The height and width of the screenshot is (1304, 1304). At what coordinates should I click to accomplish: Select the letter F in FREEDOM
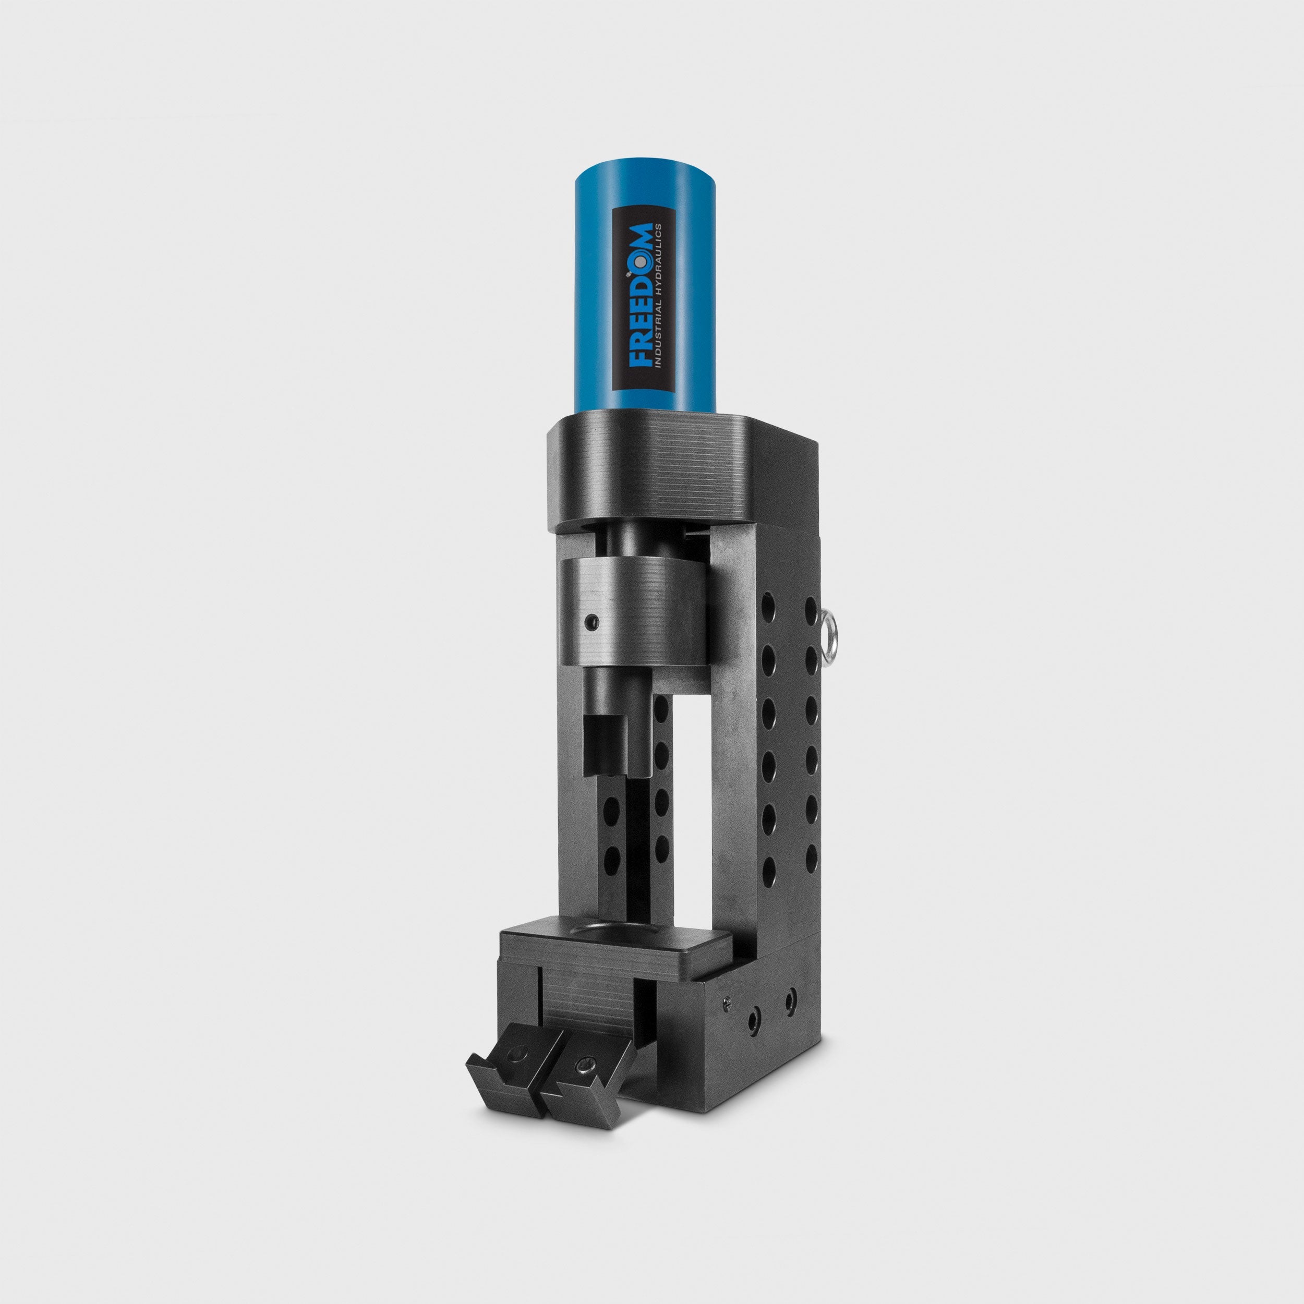tap(638, 358)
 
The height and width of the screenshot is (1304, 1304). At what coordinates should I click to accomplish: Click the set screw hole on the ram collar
tap(592, 619)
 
